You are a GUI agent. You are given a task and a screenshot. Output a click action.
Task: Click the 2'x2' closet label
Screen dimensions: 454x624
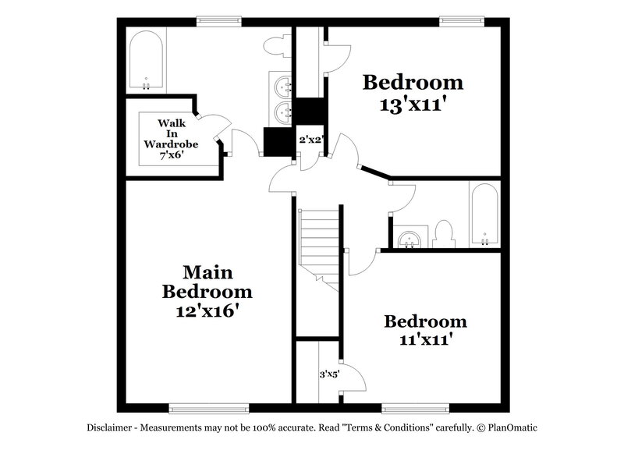pos(310,140)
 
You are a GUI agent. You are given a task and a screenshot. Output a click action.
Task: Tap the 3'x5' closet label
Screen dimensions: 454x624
pos(328,374)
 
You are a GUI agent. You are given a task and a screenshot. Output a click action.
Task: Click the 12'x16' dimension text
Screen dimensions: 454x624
pos(207,311)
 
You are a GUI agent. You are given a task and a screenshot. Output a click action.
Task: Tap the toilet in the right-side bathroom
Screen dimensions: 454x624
pos(443,232)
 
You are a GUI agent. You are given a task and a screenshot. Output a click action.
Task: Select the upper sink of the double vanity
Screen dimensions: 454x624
pos(281,83)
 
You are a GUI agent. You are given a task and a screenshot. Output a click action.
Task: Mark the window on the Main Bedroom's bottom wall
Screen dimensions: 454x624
pos(209,407)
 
